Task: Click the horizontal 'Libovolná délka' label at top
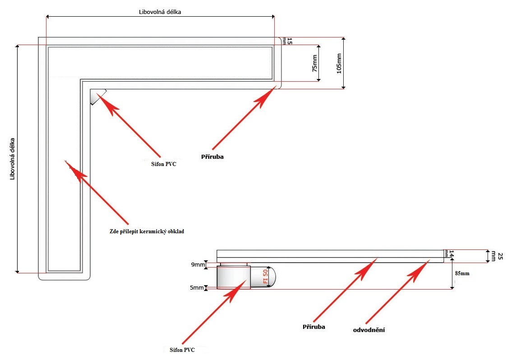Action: pyautogui.click(x=160, y=12)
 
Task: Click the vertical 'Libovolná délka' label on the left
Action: pyautogui.click(x=13, y=158)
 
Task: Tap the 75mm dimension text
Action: pyautogui.click(x=314, y=63)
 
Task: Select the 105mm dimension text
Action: pyautogui.click(x=339, y=63)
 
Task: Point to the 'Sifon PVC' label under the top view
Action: pyautogui.click(x=163, y=164)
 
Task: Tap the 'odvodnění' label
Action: pyautogui.click(x=369, y=330)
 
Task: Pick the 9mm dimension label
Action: pyautogui.click(x=197, y=265)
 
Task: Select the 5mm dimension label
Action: pyautogui.click(x=197, y=287)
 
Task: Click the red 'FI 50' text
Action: pyautogui.click(x=266, y=276)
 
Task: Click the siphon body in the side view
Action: pyautogui.click(x=233, y=277)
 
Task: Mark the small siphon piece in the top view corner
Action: pyautogui.click(x=97, y=96)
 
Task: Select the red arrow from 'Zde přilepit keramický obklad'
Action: pyautogui.click(x=97, y=194)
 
